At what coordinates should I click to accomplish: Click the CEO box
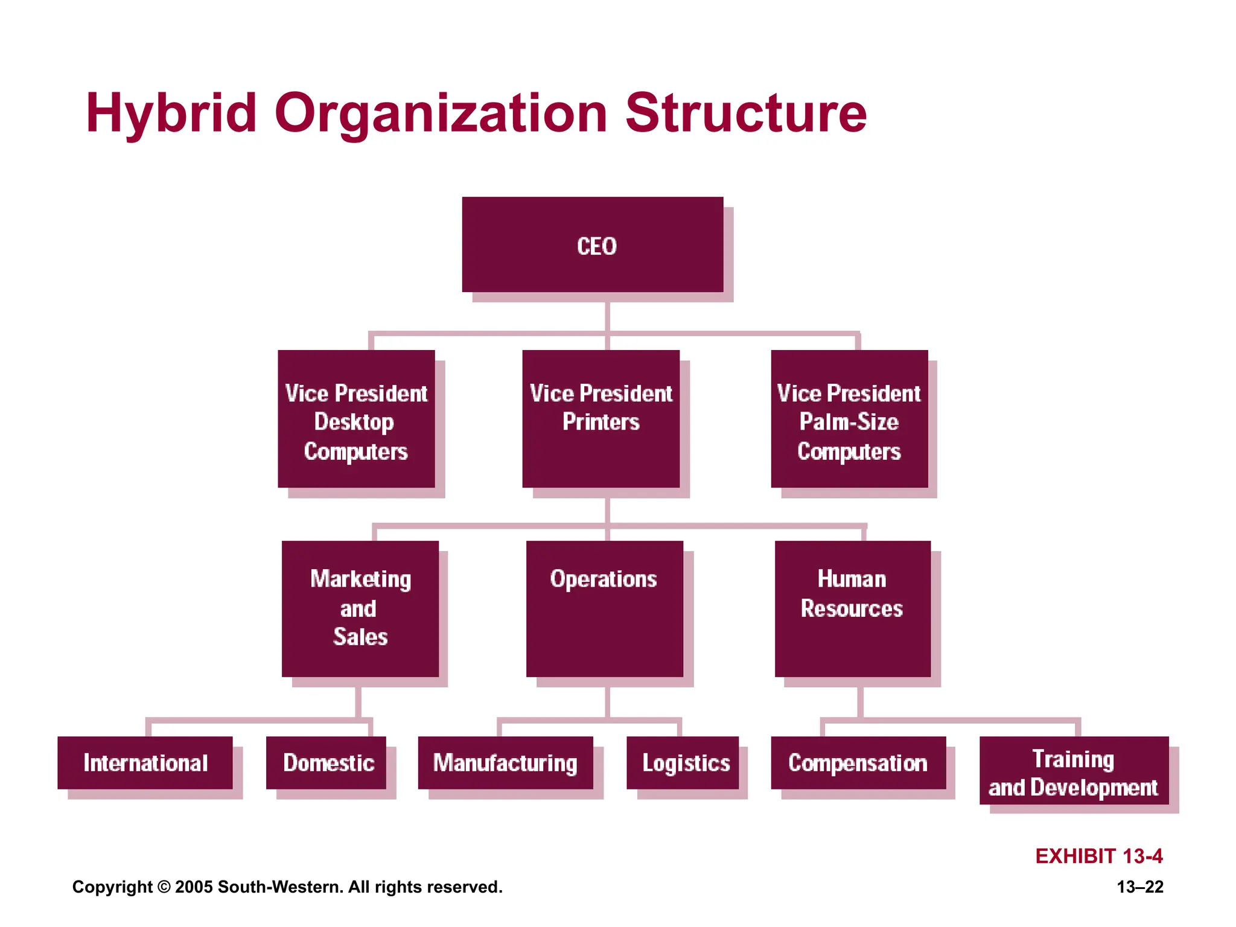tap(593, 244)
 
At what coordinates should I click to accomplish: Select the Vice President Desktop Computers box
tap(356, 419)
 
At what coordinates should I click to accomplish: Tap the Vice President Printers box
tap(600, 419)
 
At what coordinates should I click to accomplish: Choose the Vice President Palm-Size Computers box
tap(849, 419)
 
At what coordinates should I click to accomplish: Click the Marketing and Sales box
tap(360, 608)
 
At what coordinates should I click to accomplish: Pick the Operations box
tap(604, 608)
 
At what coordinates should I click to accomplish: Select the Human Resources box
tap(852, 608)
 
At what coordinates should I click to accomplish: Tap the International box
tap(145, 763)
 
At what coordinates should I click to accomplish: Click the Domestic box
tap(326, 763)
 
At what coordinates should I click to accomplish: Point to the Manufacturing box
tap(505, 763)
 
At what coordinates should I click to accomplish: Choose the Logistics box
tap(683, 763)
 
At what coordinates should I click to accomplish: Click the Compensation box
tap(858, 763)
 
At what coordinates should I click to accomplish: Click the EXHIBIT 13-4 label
tap(1098, 856)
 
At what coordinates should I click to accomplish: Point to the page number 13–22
tap(1139, 887)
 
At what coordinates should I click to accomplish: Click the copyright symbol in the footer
tap(164, 887)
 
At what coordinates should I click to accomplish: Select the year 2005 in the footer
tap(194, 887)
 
